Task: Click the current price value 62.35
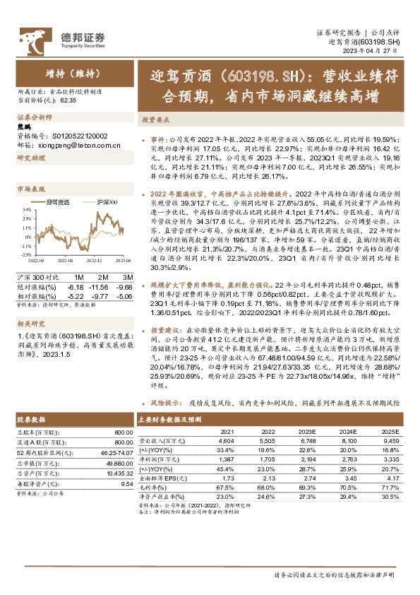(68, 101)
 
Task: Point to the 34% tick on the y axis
(25, 210)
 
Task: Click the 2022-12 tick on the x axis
(93, 260)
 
